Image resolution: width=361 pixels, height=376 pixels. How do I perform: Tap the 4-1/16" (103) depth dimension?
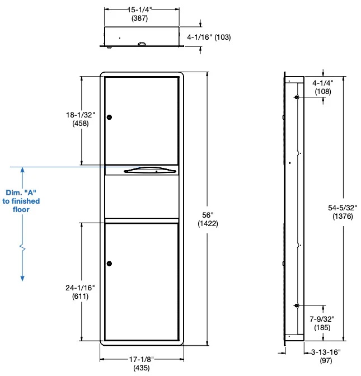tap(209, 37)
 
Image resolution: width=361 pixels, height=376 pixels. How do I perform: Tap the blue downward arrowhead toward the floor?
tap(22, 277)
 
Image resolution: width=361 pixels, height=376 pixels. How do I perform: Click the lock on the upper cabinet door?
tap(110, 117)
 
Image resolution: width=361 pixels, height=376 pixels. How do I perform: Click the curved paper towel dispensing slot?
tap(142, 171)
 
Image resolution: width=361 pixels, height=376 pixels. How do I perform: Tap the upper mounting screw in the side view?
tap(296, 97)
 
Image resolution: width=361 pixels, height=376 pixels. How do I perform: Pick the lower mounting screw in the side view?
tap(296, 305)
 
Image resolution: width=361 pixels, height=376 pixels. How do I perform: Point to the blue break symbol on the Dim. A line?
tap(22, 246)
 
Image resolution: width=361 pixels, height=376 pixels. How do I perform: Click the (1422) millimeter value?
tap(208, 223)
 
